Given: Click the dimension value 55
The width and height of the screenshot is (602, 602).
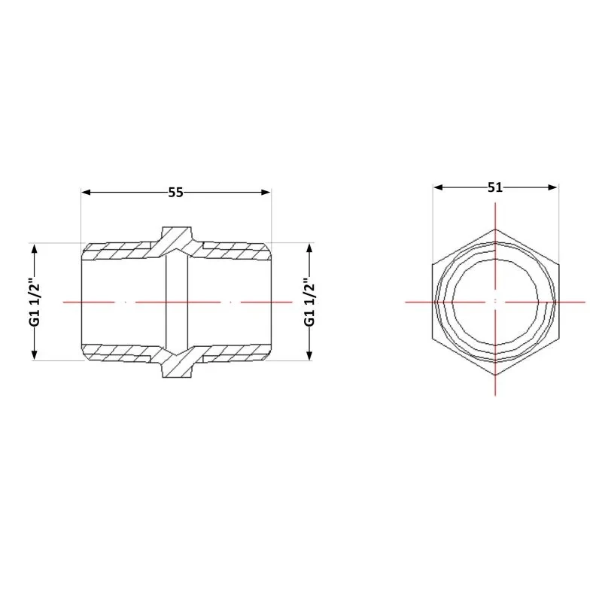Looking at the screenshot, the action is click(x=176, y=193).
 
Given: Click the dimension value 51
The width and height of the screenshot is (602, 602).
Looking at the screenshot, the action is click(x=495, y=187).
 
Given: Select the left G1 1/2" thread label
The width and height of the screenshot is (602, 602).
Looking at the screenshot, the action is click(x=34, y=302).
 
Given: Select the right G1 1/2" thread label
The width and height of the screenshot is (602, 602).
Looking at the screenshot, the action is click(x=309, y=302).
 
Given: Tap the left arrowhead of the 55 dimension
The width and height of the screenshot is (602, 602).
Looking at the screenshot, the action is click(x=86, y=192).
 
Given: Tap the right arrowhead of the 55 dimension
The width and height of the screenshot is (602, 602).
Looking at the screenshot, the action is click(x=266, y=192).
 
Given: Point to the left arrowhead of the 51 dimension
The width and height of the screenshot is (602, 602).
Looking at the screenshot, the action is click(x=438, y=187).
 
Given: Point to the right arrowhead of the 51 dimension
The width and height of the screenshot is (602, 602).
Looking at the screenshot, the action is click(x=552, y=187).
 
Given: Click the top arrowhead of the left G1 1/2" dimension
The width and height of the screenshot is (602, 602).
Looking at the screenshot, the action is click(x=34, y=248).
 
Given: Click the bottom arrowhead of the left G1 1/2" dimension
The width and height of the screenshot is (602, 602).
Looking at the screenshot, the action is click(x=34, y=355).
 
